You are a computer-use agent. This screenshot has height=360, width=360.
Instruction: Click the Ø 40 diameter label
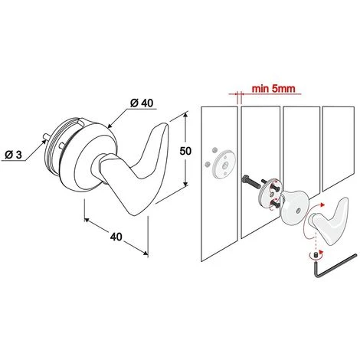pyautogui.click(x=142, y=103)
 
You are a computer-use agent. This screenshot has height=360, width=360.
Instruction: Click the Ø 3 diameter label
pyautogui.click(x=14, y=155)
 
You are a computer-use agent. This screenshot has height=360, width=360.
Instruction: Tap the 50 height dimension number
pyautogui.click(x=185, y=151)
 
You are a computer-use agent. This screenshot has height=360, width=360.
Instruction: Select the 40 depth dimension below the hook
pyautogui.click(x=116, y=237)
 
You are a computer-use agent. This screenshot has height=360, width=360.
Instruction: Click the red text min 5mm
pyautogui.click(x=273, y=89)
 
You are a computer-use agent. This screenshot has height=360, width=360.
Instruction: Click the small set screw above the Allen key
pyautogui.click(x=316, y=254)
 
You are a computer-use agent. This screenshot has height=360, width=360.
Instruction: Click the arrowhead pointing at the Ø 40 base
pyautogui.click(x=110, y=126)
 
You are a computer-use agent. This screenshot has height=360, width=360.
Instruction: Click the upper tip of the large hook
pyautogui.click(x=166, y=124)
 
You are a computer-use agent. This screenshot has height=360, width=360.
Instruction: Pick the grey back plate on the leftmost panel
pyautogui.click(x=224, y=163)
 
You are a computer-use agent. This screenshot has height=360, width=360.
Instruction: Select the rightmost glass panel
pyautogui.click(x=339, y=148)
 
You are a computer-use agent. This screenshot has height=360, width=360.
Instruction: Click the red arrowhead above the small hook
pyautogui.click(x=322, y=205)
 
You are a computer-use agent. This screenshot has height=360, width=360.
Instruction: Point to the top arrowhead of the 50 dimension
pyautogui.click(x=185, y=114)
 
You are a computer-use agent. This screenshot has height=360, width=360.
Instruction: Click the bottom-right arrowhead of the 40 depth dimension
pyautogui.click(x=146, y=253)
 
